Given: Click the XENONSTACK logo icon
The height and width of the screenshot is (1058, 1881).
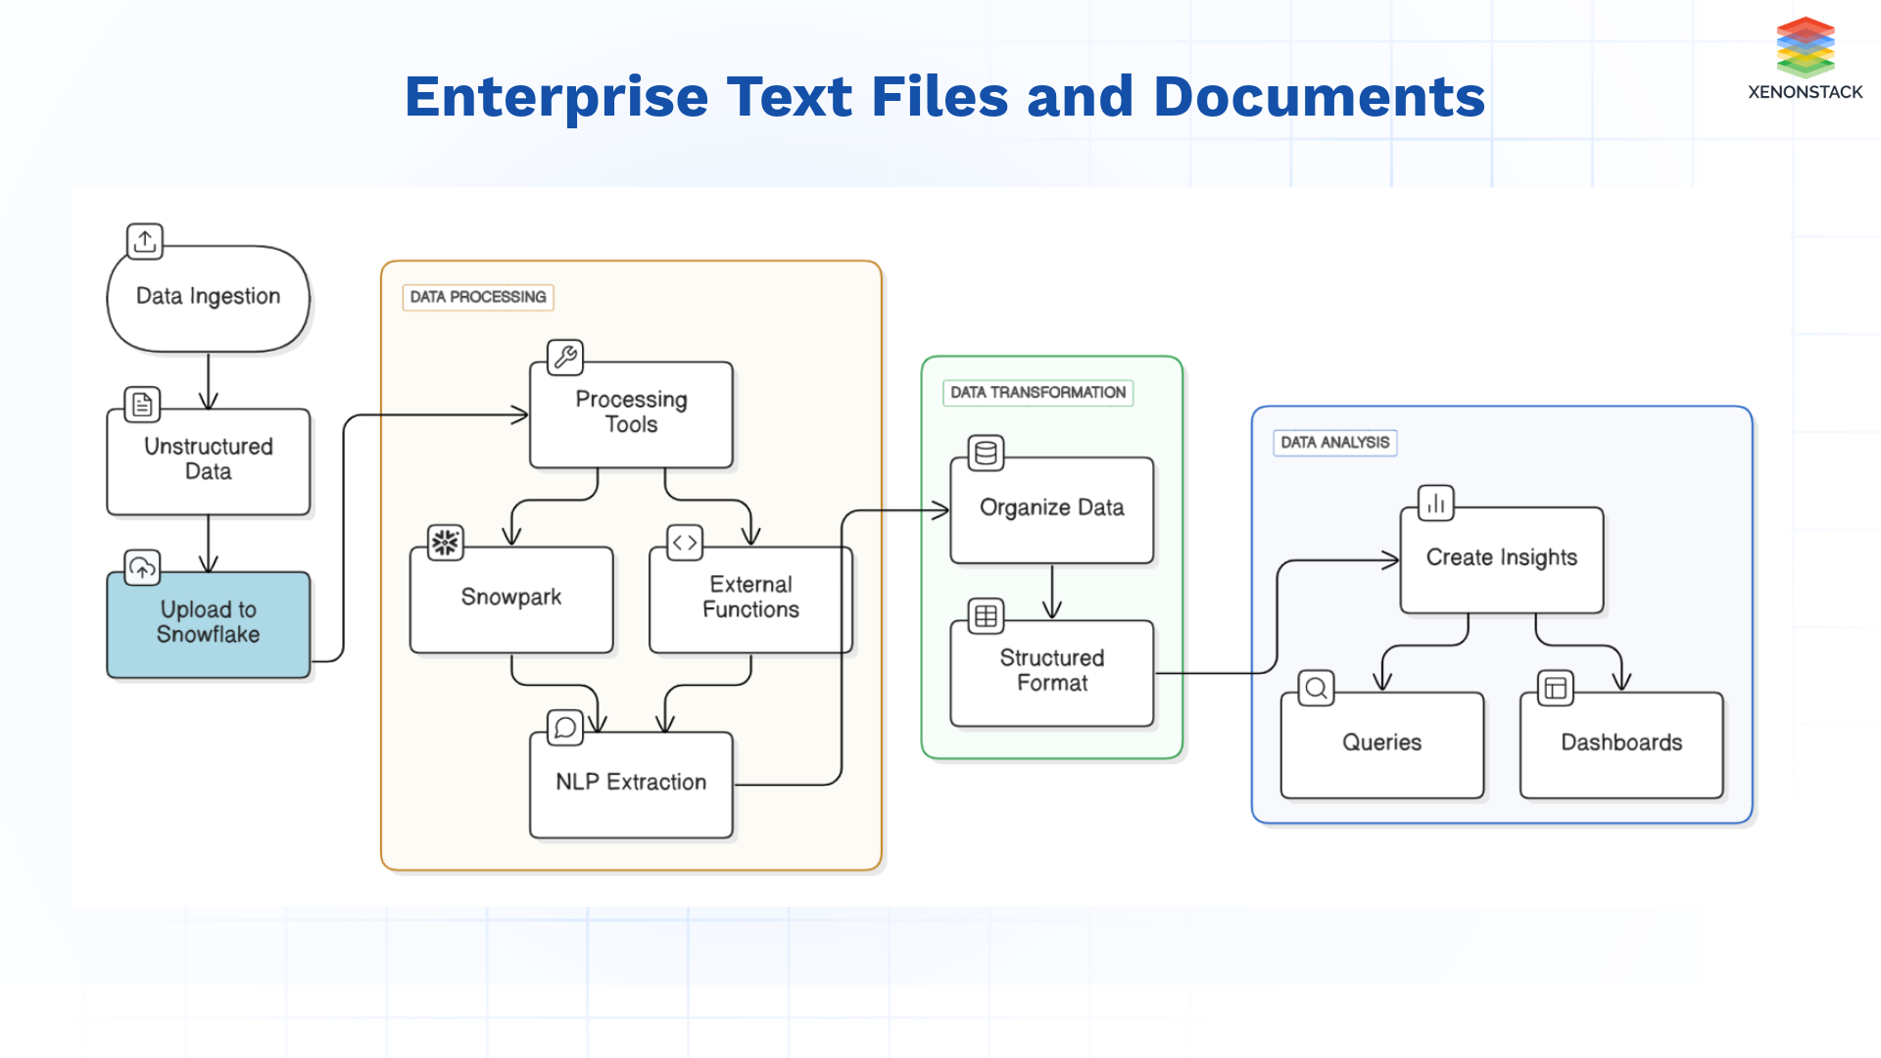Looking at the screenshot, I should [x=1805, y=47].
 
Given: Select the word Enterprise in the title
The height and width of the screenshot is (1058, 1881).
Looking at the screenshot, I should [x=555, y=97].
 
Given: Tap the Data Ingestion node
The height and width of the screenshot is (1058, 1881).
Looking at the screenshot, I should [x=208, y=298].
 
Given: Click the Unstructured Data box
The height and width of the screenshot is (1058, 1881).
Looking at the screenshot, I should [x=208, y=460].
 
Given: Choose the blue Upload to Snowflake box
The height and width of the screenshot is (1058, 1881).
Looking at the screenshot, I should [x=208, y=624].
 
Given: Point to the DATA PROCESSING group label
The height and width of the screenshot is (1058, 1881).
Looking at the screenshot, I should [x=478, y=297].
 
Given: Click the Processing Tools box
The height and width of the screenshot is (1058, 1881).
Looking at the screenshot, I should [x=631, y=414].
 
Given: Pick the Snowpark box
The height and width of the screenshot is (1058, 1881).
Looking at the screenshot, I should [x=511, y=599].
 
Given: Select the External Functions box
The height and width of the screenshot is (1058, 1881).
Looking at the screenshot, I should [x=750, y=599].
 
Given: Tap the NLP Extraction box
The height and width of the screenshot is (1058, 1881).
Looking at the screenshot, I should [x=631, y=784].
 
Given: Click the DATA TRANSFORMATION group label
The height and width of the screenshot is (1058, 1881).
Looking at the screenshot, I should [x=1037, y=393].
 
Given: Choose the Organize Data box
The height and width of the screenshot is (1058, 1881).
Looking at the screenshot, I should [x=1051, y=509].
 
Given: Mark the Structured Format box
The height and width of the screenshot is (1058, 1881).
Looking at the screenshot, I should [x=1051, y=672].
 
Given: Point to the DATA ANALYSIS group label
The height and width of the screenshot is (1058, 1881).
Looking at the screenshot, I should [x=1334, y=443].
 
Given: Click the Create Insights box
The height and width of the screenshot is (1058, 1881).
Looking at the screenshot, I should [x=1501, y=559].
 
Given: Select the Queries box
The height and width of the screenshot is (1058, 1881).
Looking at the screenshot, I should [x=1381, y=745].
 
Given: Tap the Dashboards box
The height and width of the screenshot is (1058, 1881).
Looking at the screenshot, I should [x=1620, y=745].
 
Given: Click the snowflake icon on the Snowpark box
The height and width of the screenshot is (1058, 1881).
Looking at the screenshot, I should [x=446, y=543].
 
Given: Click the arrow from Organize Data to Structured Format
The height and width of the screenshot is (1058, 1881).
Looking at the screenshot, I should [x=1052, y=592].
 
